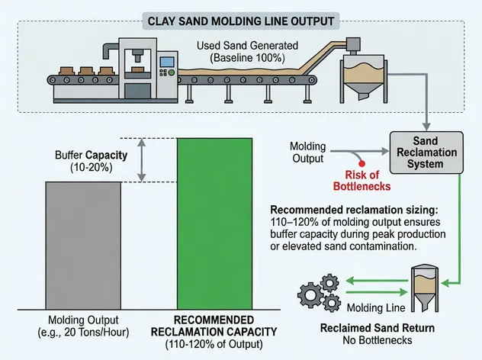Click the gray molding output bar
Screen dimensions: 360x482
click(84, 245)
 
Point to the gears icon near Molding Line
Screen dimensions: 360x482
click(319, 293)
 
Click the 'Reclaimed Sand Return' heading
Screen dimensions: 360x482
click(394, 329)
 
